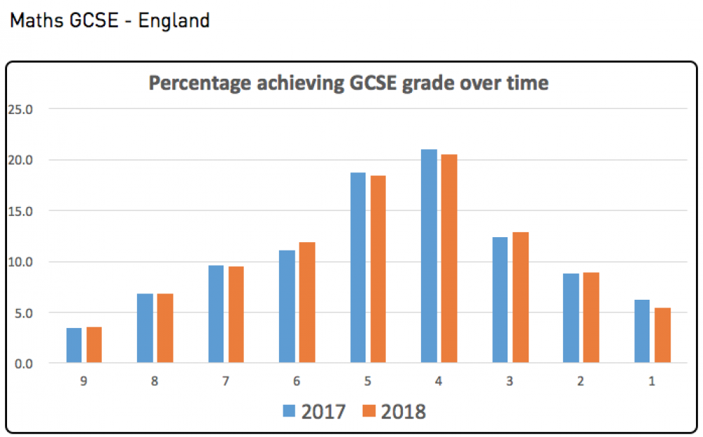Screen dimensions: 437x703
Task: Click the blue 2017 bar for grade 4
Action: click(429, 257)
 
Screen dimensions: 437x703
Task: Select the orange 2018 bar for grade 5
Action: click(378, 270)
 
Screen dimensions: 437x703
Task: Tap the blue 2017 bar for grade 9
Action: click(75, 346)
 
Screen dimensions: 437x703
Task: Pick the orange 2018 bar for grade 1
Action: click(662, 336)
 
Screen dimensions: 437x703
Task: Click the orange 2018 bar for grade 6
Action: click(307, 303)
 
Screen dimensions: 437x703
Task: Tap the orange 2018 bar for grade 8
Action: click(165, 329)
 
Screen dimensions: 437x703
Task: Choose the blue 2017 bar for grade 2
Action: click(571, 319)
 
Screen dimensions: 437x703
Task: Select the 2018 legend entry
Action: click(394, 411)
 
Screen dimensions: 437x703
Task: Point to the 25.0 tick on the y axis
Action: click(21, 109)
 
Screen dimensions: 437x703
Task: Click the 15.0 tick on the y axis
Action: click(21, 211)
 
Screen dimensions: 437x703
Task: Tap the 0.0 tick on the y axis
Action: click(23, 364)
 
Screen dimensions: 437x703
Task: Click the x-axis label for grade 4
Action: click(439, 382)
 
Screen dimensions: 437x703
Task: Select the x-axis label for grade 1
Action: click(652, 382)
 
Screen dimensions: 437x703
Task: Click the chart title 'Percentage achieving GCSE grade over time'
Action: click(348, 83)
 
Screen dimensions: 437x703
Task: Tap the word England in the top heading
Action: click(174, 20)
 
